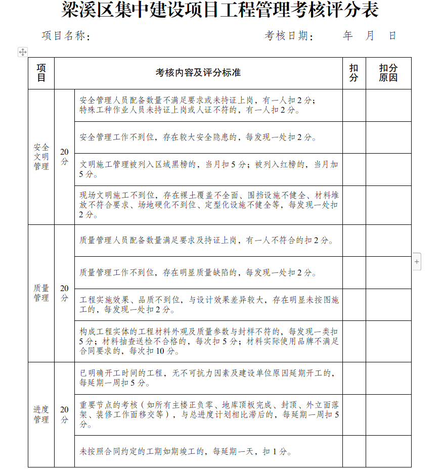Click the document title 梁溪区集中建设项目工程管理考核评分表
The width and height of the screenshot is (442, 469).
(x=220, y=10)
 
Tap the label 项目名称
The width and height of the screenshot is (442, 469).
(x=65, y=36)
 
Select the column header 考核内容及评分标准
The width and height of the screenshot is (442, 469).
(x=198, y=73)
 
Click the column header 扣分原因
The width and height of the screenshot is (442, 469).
(x=388, y=73)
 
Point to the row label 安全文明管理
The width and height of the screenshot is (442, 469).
(x=41, y=157)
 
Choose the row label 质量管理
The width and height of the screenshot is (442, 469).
(x=41, y=293)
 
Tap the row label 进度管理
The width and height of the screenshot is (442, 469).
(x=41, y=414)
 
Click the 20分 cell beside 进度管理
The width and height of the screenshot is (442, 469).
(x=64, y=414)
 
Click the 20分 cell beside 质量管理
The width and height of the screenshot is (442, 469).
(x=64, y=293)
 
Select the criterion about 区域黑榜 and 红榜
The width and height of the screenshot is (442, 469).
(x=208, y=169)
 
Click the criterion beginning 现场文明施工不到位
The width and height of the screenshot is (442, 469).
(x=208, y=205)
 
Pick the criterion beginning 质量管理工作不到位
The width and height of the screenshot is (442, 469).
(x=198, y=273)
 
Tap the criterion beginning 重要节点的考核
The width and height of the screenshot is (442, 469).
(x=208, y=415)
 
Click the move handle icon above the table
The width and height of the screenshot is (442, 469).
(x=23, y=52)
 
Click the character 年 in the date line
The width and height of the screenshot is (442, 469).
(x=347, y=36)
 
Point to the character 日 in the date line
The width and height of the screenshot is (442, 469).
(x=392, y=36)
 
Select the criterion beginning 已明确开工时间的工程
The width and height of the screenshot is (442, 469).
(x=208, y=378)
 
